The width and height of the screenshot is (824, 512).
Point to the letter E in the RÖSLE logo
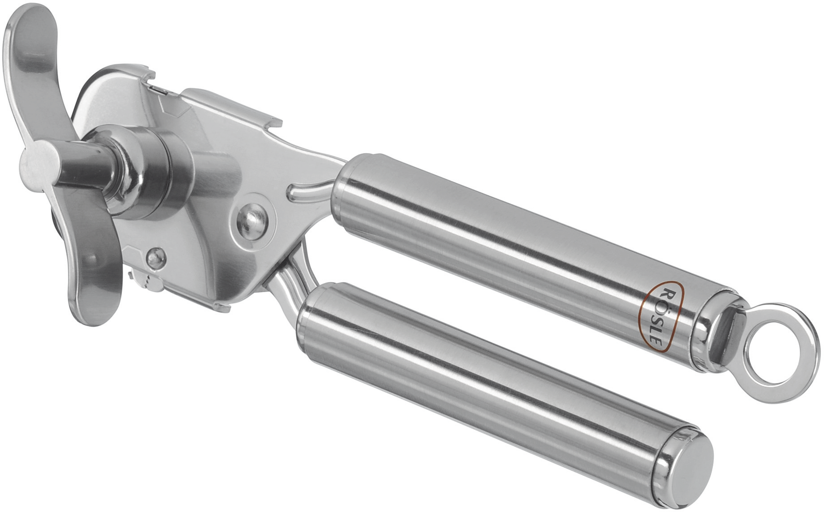[655, 342]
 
